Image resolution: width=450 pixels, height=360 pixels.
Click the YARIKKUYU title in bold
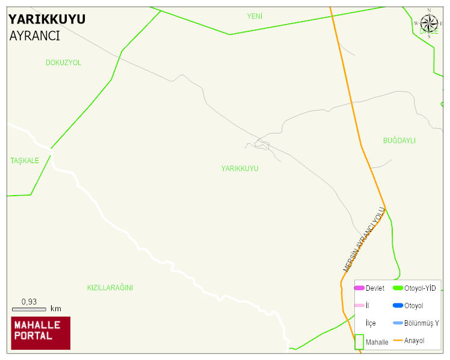[47, 19]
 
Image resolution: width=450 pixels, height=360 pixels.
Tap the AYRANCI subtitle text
[34, 36]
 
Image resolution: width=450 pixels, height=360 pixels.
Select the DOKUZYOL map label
[63, 63]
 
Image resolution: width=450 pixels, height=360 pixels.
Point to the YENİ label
[254, 16]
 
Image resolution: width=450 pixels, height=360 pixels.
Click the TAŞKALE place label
[25, 161]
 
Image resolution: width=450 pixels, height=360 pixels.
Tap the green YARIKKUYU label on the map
[239, 169]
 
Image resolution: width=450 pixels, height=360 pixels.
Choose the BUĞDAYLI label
[399, 141]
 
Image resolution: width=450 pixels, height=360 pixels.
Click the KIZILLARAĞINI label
[109, 288]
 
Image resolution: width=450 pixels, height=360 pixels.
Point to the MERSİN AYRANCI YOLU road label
[364, 239]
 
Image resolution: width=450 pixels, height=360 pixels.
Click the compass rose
[429, 23]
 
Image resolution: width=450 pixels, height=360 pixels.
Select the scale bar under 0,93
[29, 309]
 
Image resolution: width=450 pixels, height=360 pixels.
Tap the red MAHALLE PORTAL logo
[41, 333]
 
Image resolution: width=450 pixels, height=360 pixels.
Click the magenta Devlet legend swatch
[359, 288]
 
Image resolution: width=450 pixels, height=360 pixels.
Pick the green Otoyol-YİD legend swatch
[398, 288]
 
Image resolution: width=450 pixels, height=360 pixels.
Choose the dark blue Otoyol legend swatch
[398, 306]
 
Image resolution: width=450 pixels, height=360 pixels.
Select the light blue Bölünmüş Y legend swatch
[398, 323]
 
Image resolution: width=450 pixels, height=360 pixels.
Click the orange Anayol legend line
[398, 341]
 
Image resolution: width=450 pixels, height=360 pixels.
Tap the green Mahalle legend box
[359, 341]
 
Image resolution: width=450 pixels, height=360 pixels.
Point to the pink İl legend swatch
[359, 306]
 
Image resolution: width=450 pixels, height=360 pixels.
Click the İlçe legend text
[371, 323]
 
